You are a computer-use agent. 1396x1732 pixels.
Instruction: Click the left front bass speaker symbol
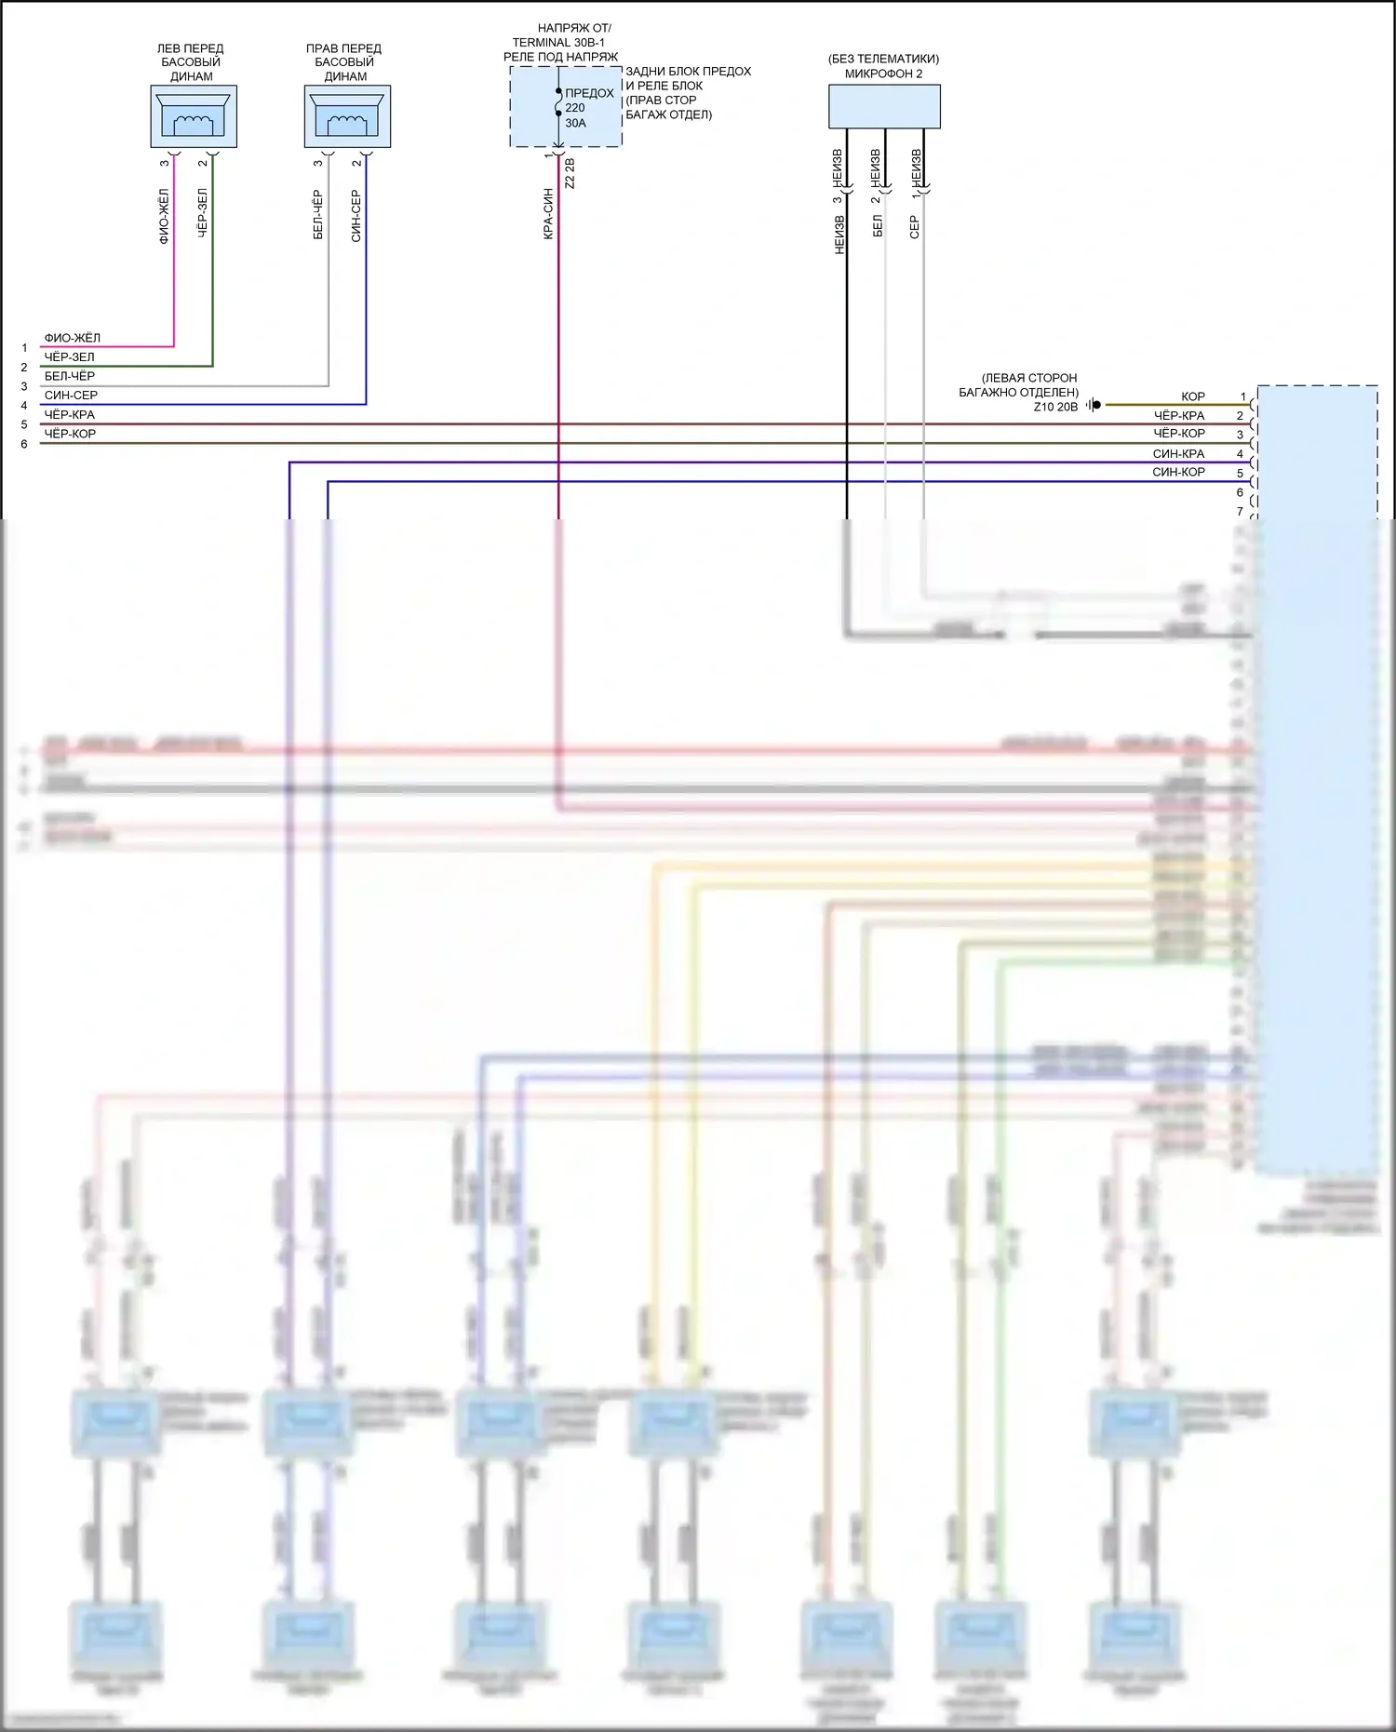[194, 116]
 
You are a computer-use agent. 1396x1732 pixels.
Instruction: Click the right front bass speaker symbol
[347, 116]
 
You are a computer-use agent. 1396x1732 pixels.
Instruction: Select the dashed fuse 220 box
[565, 107]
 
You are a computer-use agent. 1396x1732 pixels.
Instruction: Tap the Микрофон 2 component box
[884, 106]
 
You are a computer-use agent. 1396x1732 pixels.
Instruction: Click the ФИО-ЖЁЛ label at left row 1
[73, 338]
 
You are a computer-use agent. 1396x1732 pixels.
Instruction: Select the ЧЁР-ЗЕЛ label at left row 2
[70, 357]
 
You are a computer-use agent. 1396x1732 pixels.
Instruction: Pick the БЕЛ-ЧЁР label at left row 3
[70, 376]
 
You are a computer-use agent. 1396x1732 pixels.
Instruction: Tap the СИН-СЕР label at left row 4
[71, 396]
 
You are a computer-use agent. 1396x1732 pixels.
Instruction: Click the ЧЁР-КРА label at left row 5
[70, 415]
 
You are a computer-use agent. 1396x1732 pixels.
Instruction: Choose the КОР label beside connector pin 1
[1193, 396]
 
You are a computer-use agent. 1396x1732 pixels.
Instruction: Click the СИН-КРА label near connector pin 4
[1178, 454]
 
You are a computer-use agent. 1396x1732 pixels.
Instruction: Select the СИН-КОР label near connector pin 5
[1178, 473]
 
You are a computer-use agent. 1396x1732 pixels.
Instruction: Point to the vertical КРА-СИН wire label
[548, 214]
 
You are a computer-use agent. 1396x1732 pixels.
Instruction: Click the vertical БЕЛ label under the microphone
[877, 226]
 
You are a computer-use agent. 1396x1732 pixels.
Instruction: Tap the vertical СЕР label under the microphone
[914, 227]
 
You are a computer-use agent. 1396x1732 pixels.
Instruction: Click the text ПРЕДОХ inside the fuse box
[589, 93]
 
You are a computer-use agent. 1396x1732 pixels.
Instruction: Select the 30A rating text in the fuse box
[576, 123]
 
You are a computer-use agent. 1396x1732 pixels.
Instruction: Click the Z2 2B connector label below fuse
[570, 173]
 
